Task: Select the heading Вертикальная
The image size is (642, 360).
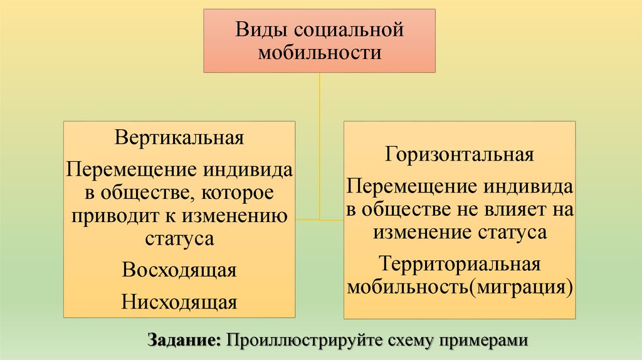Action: point(179,137)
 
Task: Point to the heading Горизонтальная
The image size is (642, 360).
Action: point(460,154)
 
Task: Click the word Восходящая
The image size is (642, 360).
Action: point(179,270)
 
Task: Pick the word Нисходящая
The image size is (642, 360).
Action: point(179,302)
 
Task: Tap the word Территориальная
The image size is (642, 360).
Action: point(460,264)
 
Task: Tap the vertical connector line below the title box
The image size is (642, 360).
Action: point(320,144)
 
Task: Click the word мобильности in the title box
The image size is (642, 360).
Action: point(320,53)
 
